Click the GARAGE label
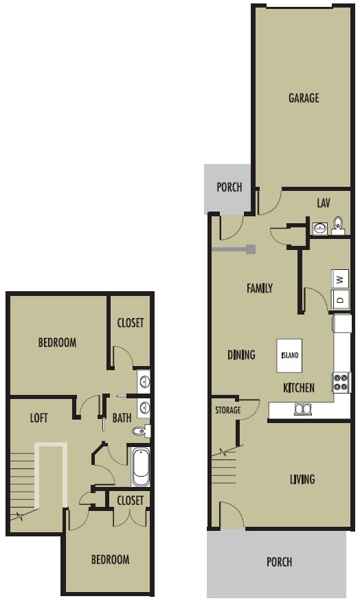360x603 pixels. (x=303, y=98)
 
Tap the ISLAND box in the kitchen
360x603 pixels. (x=290, y=355)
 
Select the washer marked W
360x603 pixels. (x=341, y=279)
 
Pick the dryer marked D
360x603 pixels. (x=341, y=299)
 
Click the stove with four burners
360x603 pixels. (x=341, y=382)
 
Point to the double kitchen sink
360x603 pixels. (x=303, y=409)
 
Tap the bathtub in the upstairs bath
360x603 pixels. (x=140, y=466)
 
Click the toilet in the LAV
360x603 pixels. (x=338, y=225)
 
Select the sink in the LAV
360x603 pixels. (x=320, y=228)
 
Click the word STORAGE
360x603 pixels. (x=227, y=410)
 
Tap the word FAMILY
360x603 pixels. (x=260, y=288)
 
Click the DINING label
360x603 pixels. (x=241, y=355)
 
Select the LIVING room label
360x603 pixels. (x=302, y=479)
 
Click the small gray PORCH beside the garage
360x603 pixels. (x=229, y=187)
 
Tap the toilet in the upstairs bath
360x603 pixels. (x=141, y=431)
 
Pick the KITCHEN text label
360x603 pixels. (x=299, y=388)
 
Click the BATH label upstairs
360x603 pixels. (x=122, y=417)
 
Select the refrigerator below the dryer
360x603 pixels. (x=342, y=323)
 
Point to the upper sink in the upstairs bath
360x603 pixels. (x=144, y=380)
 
